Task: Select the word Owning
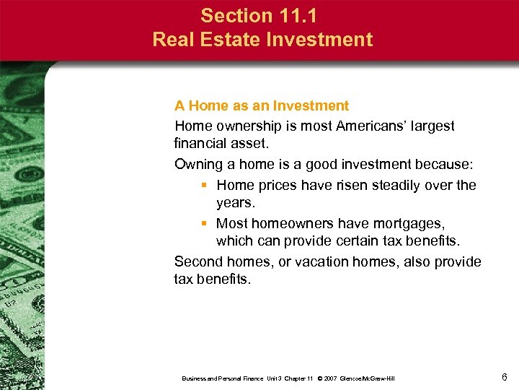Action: (199, 165)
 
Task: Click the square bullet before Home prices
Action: (205, 186)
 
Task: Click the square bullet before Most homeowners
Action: (205, 224)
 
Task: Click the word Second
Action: (200, 261)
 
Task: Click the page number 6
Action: (504, 377)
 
